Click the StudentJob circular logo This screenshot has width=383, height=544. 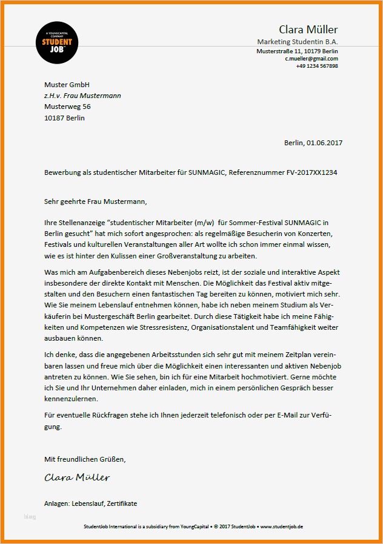point(57,42)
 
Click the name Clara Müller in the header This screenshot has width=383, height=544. point(308,30)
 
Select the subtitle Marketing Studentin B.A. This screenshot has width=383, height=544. point(298,42)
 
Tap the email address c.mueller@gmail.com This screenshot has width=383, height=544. point(311,59)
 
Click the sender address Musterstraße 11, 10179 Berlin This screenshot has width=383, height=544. point(298,51)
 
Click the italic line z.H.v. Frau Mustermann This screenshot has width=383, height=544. point(82,96)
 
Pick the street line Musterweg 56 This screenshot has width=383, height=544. point(67,107)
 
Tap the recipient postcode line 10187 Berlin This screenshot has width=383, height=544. point(64,118)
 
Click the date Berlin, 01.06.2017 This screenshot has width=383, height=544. point(313,143)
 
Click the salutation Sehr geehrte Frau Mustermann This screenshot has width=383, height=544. point(96,201)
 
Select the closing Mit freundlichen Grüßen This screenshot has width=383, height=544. point(85,460)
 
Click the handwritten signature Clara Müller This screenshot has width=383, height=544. point(77,477)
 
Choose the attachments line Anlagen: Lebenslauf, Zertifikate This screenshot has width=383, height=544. point(91,503)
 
